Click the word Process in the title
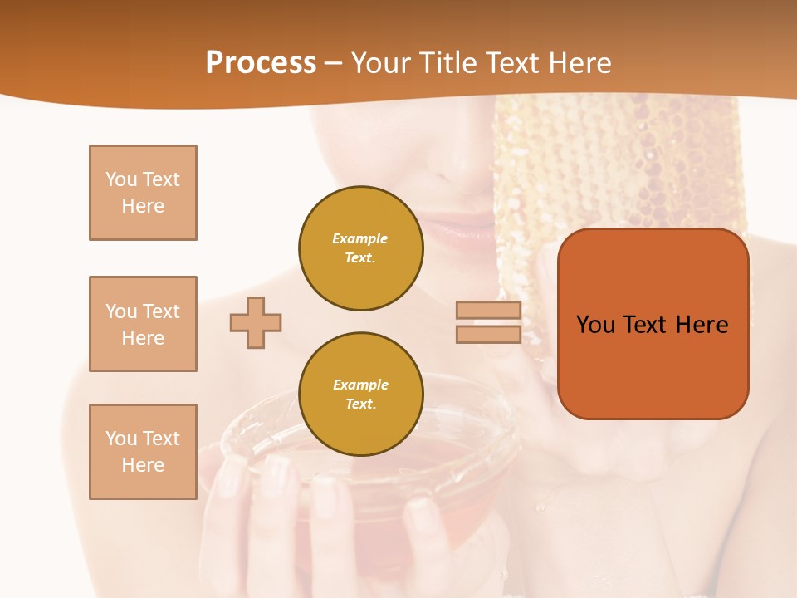[261, 63]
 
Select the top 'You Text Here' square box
[143, 193]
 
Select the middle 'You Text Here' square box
[143, 324]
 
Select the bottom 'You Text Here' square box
[143, 452]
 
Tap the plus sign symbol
[256, 322]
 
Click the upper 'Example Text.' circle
[360, 248]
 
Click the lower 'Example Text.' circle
[360, 395]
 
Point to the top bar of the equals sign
[488, 311]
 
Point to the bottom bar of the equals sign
[488, 335]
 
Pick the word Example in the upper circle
[360, 239]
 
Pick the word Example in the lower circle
[360, 385]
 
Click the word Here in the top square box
[143, 206]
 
